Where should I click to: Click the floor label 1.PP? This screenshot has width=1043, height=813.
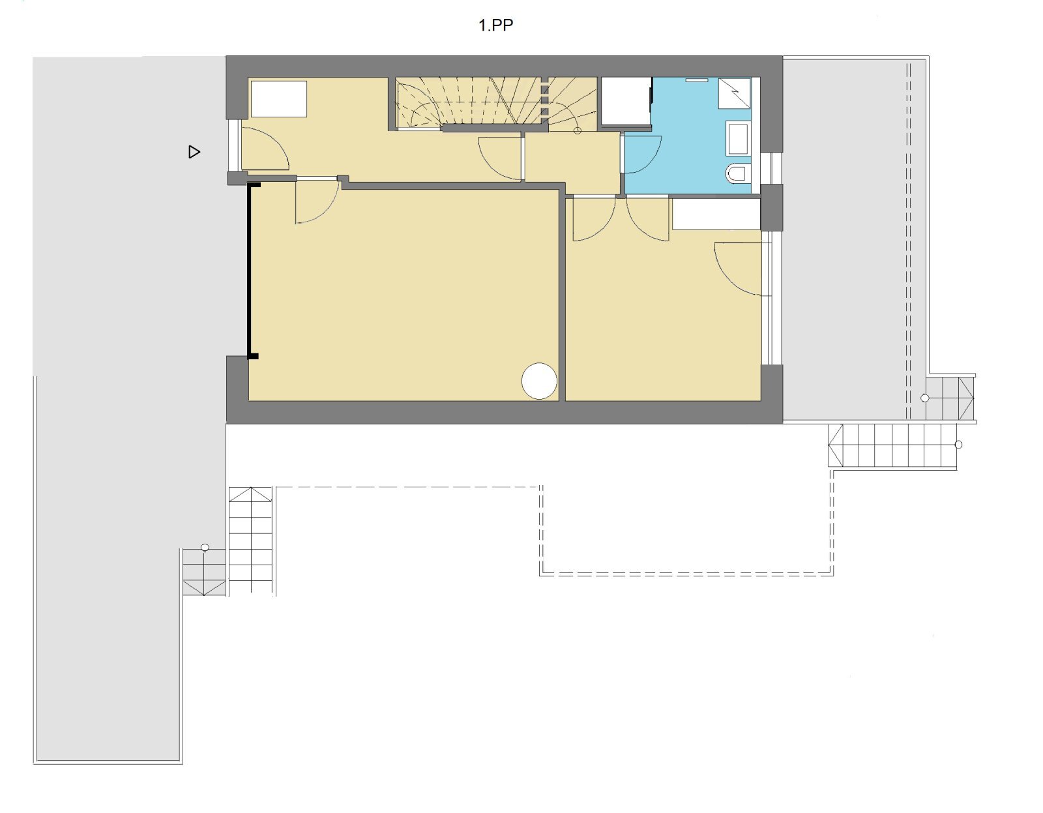[496, 25]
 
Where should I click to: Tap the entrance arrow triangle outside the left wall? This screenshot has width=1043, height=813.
[194, 152]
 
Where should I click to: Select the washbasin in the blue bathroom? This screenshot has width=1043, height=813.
[738, 139]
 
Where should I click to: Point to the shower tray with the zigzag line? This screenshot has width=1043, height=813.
[735, 93]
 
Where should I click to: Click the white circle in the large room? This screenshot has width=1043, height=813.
[539, 381]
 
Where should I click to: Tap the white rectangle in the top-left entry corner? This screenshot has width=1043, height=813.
[279, 99]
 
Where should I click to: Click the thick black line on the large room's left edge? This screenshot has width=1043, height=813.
[250, 271]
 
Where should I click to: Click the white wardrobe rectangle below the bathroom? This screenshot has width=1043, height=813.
[716, 214]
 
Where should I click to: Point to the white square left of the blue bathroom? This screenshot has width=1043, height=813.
[626, 101]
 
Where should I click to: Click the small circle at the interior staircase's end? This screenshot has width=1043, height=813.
[578, 130]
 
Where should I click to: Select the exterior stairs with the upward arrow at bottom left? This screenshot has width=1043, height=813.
[251, 541]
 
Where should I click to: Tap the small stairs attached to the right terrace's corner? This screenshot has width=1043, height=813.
[949, 398]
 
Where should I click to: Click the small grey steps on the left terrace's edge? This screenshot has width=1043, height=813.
[204, 572]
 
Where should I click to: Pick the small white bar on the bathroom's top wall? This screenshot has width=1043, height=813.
[694, 80]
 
